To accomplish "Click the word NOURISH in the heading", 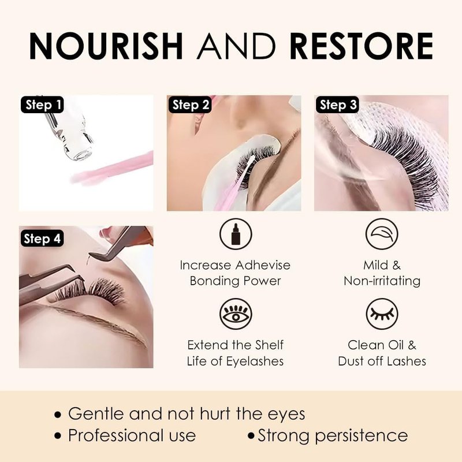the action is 106,46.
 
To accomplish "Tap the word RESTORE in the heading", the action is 362,46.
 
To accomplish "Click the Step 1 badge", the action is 42,105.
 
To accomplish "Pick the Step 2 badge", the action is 190,105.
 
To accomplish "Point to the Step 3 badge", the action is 337,105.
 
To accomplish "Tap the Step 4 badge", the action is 42,239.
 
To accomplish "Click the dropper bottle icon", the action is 236,234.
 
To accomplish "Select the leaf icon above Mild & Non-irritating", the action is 382,234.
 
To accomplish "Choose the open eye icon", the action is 236,314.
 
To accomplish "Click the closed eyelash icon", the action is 382,314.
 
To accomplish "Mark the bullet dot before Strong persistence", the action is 251,436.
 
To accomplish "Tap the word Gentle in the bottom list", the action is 96,413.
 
